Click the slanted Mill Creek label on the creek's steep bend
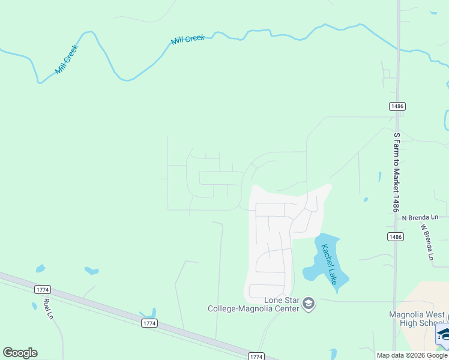pos(67,60)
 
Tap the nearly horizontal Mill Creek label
pos(188,39)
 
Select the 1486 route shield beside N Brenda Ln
pos(395,237)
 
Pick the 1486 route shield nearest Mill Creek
pos(397,106)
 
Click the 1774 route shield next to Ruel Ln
pos(42,289)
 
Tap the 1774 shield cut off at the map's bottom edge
pos(256,356)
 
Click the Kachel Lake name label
pos(329,265)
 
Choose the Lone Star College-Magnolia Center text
pos(253,304)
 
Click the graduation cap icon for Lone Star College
pos(309,304)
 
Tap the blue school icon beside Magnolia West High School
pos(443,334)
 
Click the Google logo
pos(20,353)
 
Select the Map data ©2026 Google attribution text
pos(411,355)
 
